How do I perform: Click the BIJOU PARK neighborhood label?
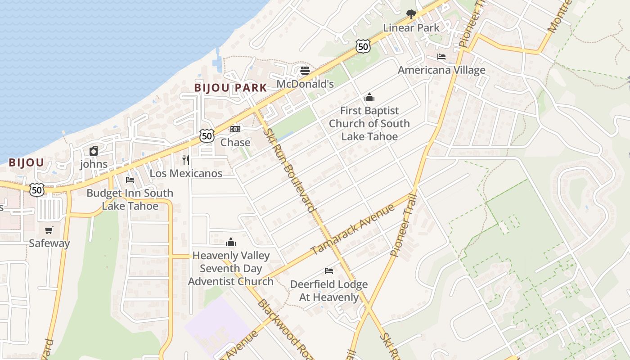click(230, 88)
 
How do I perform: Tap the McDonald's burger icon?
click(305, 71)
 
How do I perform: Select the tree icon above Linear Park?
click(411, 14)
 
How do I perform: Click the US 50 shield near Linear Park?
click(363, 46)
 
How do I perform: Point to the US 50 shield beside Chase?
click(207, 135)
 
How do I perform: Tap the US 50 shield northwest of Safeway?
click(37, 189)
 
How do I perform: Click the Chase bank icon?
click(235, 129)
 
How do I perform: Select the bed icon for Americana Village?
click(441, 57)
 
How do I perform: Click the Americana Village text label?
click(441, 70)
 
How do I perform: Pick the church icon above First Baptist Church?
click(369, 97)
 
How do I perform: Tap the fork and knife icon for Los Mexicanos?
click(186, 160)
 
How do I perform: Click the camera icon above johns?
click(94, 151)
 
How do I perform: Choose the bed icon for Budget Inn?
click(130, 180)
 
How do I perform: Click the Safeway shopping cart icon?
click(49, 230)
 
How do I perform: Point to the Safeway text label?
click(49, 243)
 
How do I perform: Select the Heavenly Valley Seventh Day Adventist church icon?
click(231, 242)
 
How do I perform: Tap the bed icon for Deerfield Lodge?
click(329, 270)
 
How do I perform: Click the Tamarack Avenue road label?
click(352, 229)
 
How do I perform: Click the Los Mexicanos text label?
click(186, 173)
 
